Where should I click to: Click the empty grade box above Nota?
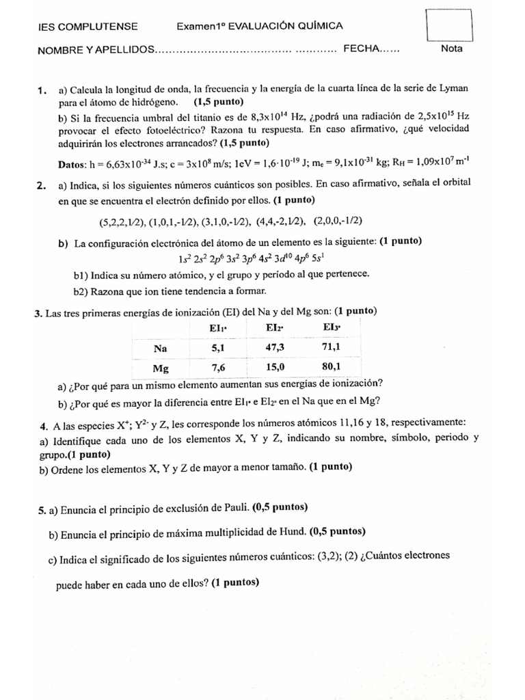pos(449,25)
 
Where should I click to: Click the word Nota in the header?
pos(452,49)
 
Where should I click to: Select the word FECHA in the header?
pos(361,49)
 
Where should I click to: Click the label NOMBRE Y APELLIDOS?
pos(96,50)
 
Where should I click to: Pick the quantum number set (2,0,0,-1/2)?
pos(338,220)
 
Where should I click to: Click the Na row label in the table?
pos(161,348)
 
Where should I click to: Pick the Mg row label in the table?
pos(161,368)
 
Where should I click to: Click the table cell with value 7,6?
pos(218,368)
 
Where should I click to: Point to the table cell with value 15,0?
pos(275,368)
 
